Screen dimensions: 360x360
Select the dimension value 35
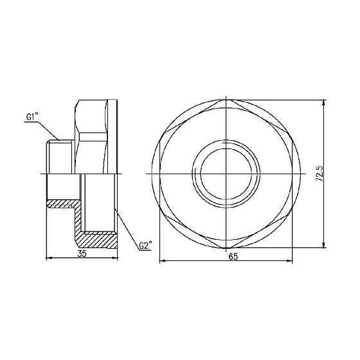point(82,253)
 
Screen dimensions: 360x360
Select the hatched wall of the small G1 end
point(62,204)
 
